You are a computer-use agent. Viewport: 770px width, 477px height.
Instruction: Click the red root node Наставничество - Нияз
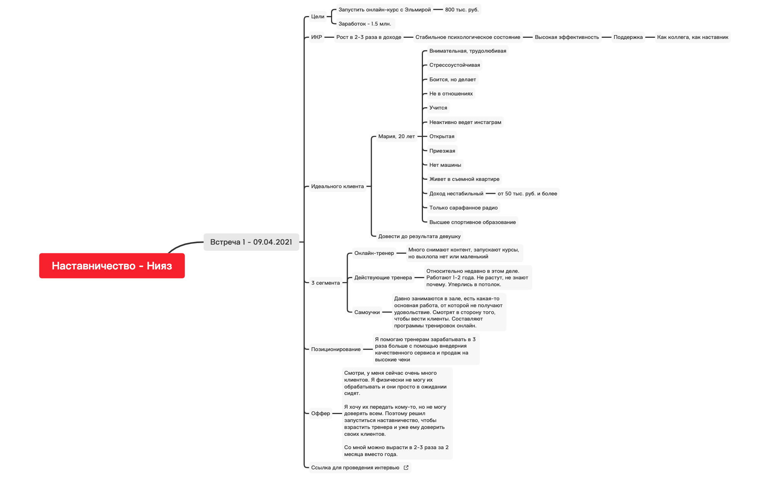point(112,266)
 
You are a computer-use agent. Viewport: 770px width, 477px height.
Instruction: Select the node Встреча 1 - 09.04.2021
point(251,242)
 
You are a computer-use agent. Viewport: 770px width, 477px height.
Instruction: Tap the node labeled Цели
point(318,16)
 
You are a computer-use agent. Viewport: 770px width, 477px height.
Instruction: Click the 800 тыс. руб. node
point(461,10)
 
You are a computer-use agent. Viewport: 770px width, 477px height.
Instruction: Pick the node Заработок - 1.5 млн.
point(365,24)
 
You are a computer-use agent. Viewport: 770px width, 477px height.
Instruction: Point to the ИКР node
point(317,37)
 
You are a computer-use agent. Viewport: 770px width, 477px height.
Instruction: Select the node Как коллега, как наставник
point(692,37)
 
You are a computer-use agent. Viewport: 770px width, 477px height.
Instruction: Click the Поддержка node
point(628,37)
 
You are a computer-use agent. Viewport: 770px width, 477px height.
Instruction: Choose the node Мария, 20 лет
point(396,136)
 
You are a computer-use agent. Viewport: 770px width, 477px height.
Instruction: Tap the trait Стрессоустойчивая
point(454,65)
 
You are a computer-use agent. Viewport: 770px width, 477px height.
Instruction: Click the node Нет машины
point(445,165)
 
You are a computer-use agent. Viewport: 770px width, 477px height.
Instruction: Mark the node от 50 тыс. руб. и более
point(527,193)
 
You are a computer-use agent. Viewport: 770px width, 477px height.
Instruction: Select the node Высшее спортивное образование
point(472,222)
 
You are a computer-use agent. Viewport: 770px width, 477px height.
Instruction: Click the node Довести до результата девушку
point(419,236)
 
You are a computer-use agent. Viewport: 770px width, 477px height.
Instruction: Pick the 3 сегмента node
point(325,283)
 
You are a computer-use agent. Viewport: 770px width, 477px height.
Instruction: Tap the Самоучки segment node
point(367,312)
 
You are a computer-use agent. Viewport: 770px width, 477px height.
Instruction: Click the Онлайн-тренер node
point(374,253)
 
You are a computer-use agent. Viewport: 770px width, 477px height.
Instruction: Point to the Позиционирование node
point(336,349)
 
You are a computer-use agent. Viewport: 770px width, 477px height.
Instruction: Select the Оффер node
point(320,413)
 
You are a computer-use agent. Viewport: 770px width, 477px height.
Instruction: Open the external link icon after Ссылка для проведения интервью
point(406,467)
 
